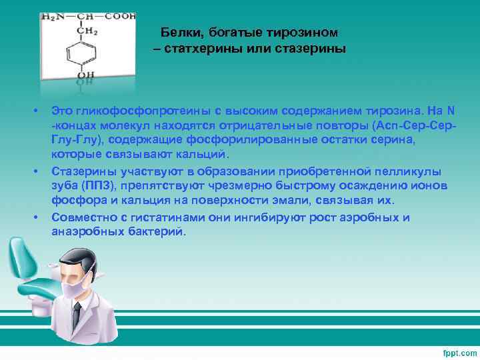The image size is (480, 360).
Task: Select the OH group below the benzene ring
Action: tap(85, 78)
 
